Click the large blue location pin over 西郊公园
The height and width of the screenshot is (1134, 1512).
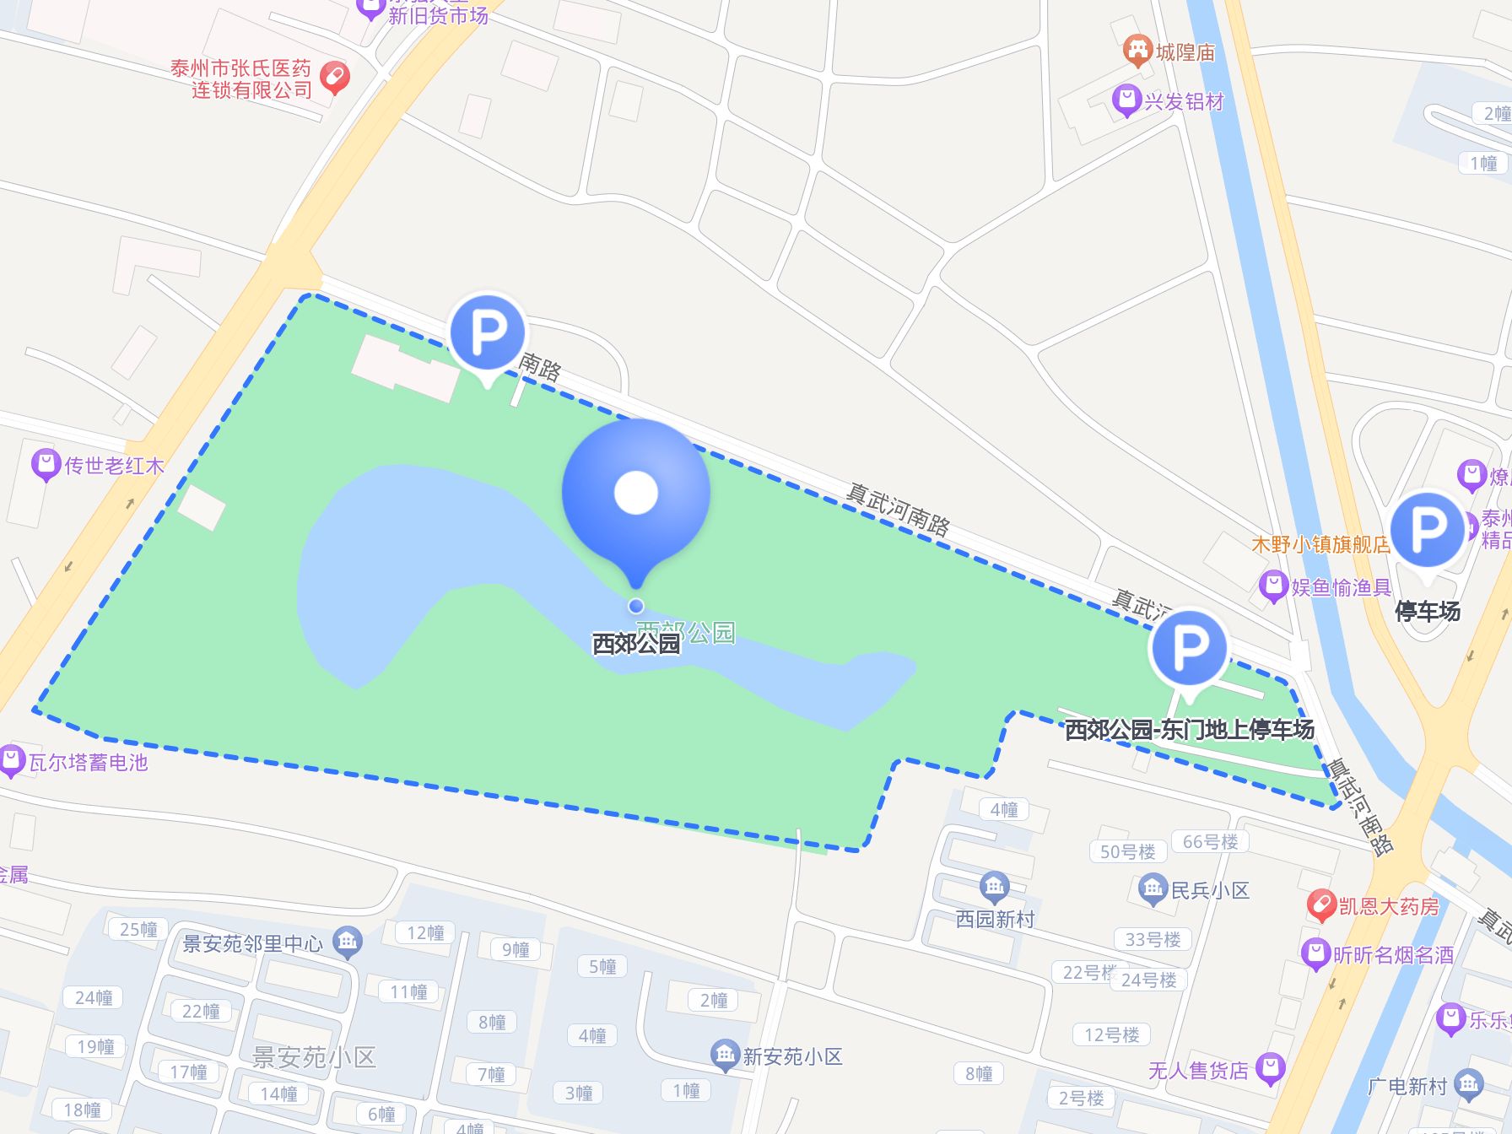click(x=636, y=493)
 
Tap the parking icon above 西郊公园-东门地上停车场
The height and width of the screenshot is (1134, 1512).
click(x=1189, y=648)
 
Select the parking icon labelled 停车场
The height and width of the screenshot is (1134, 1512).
click(x=1427, y=530)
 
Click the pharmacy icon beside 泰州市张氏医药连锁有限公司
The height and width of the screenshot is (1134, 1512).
click(x=335, y=78)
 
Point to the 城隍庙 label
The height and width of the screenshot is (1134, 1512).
click(x=1185, y=52)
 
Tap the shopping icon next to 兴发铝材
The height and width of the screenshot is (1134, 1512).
click(x=1126, y=100)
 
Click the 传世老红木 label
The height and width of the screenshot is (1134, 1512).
click(x=114, y=466)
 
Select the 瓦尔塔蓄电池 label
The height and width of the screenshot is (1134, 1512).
click(x=89, y=763)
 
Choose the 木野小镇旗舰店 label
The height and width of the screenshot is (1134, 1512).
click(x=1320, y=544)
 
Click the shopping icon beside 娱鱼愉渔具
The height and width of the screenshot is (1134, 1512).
click(x=1272, y=586)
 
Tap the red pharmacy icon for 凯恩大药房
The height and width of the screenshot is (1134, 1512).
click(x=1321, y=905)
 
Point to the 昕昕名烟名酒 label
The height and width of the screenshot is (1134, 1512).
click(x=1393, y=955)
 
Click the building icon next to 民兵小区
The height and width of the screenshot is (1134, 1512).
click(x=1153, y=889)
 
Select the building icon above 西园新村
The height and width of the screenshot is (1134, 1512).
click(x=995, y=887)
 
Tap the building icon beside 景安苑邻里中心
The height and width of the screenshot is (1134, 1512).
click(x=347, y=942)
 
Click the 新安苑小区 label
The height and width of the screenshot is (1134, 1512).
click(x=792, y=1056)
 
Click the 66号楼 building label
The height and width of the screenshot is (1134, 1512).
click(x=1210, y=841)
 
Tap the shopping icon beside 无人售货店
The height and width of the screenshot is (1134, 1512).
click(x=1270, y=1069)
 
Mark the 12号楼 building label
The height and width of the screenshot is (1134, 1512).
click(x=1111, y=1034)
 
